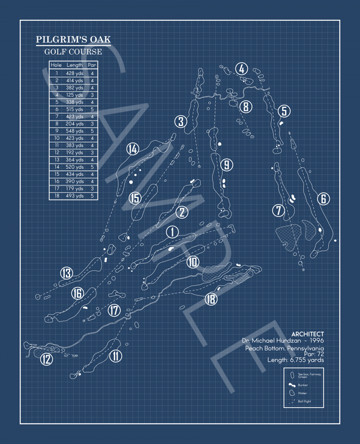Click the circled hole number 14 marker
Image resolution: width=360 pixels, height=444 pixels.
tap(133, 149)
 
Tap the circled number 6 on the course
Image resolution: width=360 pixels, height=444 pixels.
tap(323, 199)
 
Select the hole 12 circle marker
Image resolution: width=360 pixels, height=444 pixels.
tap(46, 359)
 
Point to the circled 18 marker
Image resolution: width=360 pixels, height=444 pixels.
tap(211, 299)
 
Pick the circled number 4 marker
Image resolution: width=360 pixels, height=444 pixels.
tap(242, 69)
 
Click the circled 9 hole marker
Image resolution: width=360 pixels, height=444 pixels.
tap(226, 164)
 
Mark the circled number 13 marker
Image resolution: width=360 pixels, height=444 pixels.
tap(66, 274)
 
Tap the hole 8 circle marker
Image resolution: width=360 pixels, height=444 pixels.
tap(245, 107)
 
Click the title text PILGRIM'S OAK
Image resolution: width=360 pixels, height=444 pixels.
tap(73, 40)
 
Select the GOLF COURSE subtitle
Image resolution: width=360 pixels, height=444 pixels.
tap(73, 52)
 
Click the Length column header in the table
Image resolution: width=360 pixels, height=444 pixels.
tap(75, 65)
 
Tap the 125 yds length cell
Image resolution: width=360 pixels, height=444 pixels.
tap(75, 94)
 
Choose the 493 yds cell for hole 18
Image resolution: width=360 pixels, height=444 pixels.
tap(75, 196)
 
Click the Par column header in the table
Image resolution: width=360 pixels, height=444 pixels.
tap(92, 65)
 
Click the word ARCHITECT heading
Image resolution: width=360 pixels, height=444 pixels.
tap(307, 334)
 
